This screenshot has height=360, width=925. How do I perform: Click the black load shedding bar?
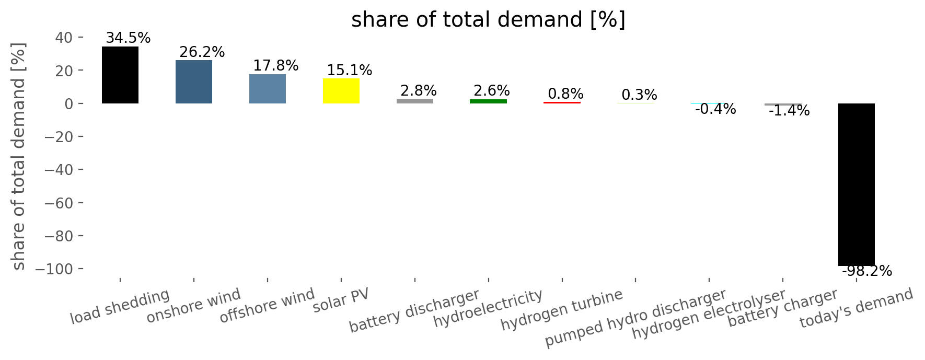pos(120,75)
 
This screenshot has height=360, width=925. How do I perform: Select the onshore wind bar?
pos(194,82)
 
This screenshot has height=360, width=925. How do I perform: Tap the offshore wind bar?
pos(268,89)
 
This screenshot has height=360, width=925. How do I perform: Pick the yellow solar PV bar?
pos(341,91)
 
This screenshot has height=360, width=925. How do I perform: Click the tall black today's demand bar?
pos(857,184)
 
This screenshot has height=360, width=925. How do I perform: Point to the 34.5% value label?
pos(128,38)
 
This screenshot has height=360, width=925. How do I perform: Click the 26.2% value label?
pos(202,52)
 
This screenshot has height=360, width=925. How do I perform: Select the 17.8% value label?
pos(275,66)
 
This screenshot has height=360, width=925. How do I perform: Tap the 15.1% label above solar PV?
pos(349,71)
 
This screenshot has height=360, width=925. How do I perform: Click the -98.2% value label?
pos(867,271)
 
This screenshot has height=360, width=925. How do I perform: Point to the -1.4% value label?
pos(789,111)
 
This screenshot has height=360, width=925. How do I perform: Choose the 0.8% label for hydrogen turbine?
pos(565,94)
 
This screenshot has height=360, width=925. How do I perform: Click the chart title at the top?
pos(488,20)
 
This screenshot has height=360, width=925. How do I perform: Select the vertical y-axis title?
pos(19,156)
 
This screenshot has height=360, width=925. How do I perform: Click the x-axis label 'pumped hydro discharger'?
pos(635,318)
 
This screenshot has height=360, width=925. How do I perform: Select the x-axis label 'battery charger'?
pos(783,308)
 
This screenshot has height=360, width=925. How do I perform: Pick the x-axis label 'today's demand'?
pos(857,308)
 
